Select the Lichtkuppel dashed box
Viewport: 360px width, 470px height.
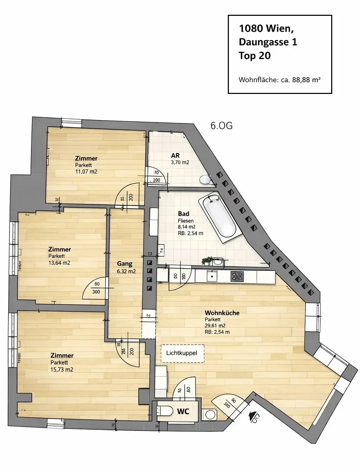point(182,353)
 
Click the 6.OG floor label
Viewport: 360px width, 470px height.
point(221,126)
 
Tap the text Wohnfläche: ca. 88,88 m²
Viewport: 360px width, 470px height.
point(279,80)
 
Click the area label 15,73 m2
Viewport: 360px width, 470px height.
point(62,369)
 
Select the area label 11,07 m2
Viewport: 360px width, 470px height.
point(86,172)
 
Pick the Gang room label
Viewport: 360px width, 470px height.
point(125,263)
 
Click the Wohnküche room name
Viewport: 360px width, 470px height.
point(222,312)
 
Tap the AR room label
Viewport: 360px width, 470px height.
point(175,155)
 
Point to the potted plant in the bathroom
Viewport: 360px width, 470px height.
point(206,261)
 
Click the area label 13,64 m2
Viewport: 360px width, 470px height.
point(59,263)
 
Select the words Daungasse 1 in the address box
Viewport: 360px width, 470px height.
point(268,42)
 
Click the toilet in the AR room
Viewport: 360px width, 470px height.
point(204,180)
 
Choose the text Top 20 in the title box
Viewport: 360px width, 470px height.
point(255,56)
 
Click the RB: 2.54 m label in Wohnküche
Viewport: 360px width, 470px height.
point(217,332)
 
